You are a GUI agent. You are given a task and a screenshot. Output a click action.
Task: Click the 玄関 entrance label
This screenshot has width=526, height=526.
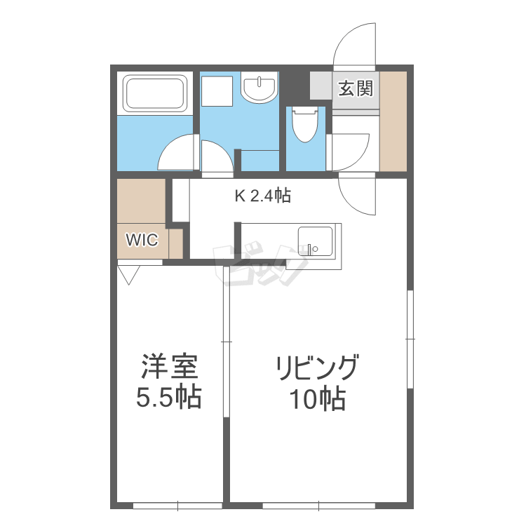coord(356,89)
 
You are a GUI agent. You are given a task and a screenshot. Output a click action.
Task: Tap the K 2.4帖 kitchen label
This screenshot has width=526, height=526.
coord(262,197)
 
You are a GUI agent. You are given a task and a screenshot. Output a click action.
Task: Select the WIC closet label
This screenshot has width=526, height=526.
coord(142,240)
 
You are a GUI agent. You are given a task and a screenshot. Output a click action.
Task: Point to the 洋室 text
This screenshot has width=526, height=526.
coord(168,367)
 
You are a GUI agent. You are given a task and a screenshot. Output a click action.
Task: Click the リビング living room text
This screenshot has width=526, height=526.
coord(318,367)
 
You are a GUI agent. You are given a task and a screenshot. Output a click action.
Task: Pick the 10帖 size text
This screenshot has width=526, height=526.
coord(318,400)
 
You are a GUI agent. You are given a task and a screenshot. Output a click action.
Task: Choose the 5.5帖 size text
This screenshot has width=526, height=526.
coord(168,398)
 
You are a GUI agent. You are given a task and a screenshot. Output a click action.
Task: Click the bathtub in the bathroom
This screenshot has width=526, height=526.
coord(155,93)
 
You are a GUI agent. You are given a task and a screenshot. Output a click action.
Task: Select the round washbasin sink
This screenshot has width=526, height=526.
coord(259,89)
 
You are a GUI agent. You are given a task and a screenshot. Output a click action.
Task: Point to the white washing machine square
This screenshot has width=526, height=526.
coord(217,90)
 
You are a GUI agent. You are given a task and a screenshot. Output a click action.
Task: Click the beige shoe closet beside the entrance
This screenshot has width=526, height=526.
coord(393,120)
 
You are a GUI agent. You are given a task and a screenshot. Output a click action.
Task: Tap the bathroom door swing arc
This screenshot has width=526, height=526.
coord(177,152)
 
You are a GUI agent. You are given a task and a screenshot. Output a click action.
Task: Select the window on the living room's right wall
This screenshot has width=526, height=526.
coord(410,338)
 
